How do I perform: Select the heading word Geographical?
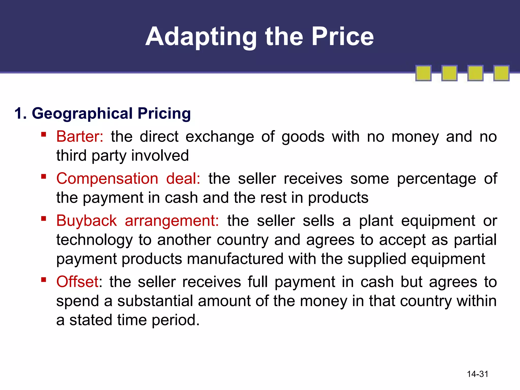(82, 113)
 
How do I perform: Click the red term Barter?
(80, 137)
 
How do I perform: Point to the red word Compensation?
(107, 178)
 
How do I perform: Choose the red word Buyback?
(86, 221)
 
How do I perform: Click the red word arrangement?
(172, 221)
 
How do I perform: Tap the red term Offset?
(77, 282)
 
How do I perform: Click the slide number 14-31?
(478, 374)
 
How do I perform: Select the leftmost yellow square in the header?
(423, 73)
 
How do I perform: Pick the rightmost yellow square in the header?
(501, 73)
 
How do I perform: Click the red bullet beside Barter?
(44, 134)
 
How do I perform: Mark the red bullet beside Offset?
(44, 280)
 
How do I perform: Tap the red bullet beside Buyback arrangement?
(44, 218)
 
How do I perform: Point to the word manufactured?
(235, 259)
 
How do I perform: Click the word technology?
(94, 240)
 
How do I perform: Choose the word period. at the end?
(176, 320)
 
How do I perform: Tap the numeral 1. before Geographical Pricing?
(20, 113)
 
